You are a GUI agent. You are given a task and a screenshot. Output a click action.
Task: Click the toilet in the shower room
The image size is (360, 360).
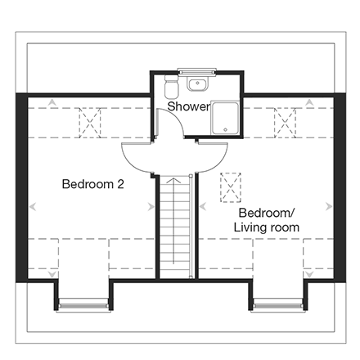(171, 87)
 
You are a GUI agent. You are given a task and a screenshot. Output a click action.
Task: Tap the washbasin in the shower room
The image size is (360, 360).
(198, 83)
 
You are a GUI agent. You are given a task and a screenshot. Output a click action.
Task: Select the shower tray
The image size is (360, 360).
(225, 119)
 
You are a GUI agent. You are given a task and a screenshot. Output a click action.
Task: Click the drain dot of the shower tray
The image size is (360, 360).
(225, 129)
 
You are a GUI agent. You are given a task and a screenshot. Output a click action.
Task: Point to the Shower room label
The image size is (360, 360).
(189, 106)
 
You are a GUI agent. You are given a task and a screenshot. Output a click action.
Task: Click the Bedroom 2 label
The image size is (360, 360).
(93, 184)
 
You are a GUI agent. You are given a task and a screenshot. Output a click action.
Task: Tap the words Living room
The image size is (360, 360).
(267, 227)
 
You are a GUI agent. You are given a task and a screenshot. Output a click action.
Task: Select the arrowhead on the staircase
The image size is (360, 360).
(173, 180)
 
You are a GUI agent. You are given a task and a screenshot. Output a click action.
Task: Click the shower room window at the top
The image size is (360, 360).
(196, 71)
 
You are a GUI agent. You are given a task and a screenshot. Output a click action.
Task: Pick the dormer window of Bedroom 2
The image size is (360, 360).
(83, 307)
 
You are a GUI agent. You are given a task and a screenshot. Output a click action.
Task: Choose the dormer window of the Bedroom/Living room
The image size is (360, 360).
(278, 307)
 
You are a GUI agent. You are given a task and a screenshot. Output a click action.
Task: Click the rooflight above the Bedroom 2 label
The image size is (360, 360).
(90, 123)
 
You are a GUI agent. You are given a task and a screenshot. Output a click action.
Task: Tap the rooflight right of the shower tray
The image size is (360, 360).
(285, 123)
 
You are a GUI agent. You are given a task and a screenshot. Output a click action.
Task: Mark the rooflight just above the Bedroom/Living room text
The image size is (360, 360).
(231, 187)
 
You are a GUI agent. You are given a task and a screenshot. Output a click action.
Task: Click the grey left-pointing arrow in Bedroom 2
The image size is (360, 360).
(33, 206)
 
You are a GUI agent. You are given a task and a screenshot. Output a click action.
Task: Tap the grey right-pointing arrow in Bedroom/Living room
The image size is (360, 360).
(329, 206)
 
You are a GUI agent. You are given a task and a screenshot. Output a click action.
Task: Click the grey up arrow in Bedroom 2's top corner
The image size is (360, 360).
(52, 102)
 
